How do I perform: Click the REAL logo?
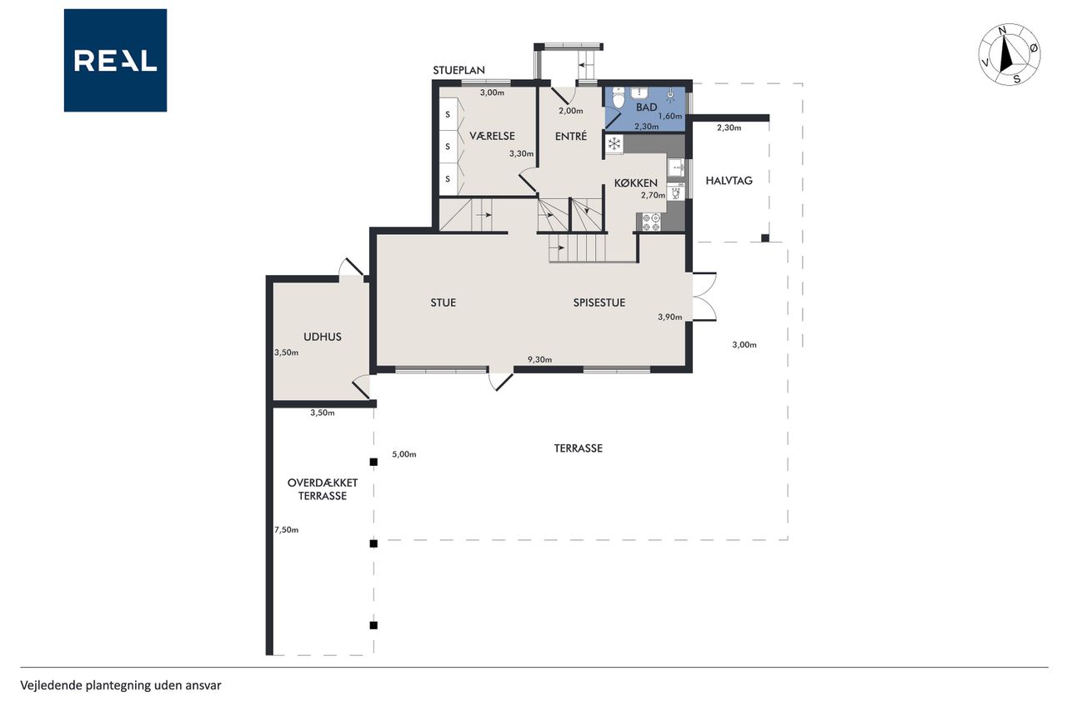coord(115,61)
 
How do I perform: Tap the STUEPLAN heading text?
coord(458,70)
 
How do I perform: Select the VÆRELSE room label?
coord(492,136)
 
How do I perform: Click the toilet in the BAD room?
coord(619,98)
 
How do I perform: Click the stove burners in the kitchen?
coord(651,223)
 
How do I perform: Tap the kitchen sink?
coord(676,168)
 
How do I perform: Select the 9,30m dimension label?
coord(539,359)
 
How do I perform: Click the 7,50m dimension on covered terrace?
coord(286,529)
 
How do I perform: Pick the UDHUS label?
coord(323,337)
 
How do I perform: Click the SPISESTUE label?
coord(599,303)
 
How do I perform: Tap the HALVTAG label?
coord(729,181)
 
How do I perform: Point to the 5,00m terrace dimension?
coord(404,454)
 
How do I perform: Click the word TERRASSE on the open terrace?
coord(579,448)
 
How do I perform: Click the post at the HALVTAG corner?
coord(765,238)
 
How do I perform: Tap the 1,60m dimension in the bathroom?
coord(670,116)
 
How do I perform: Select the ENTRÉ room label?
coord(571,136)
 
